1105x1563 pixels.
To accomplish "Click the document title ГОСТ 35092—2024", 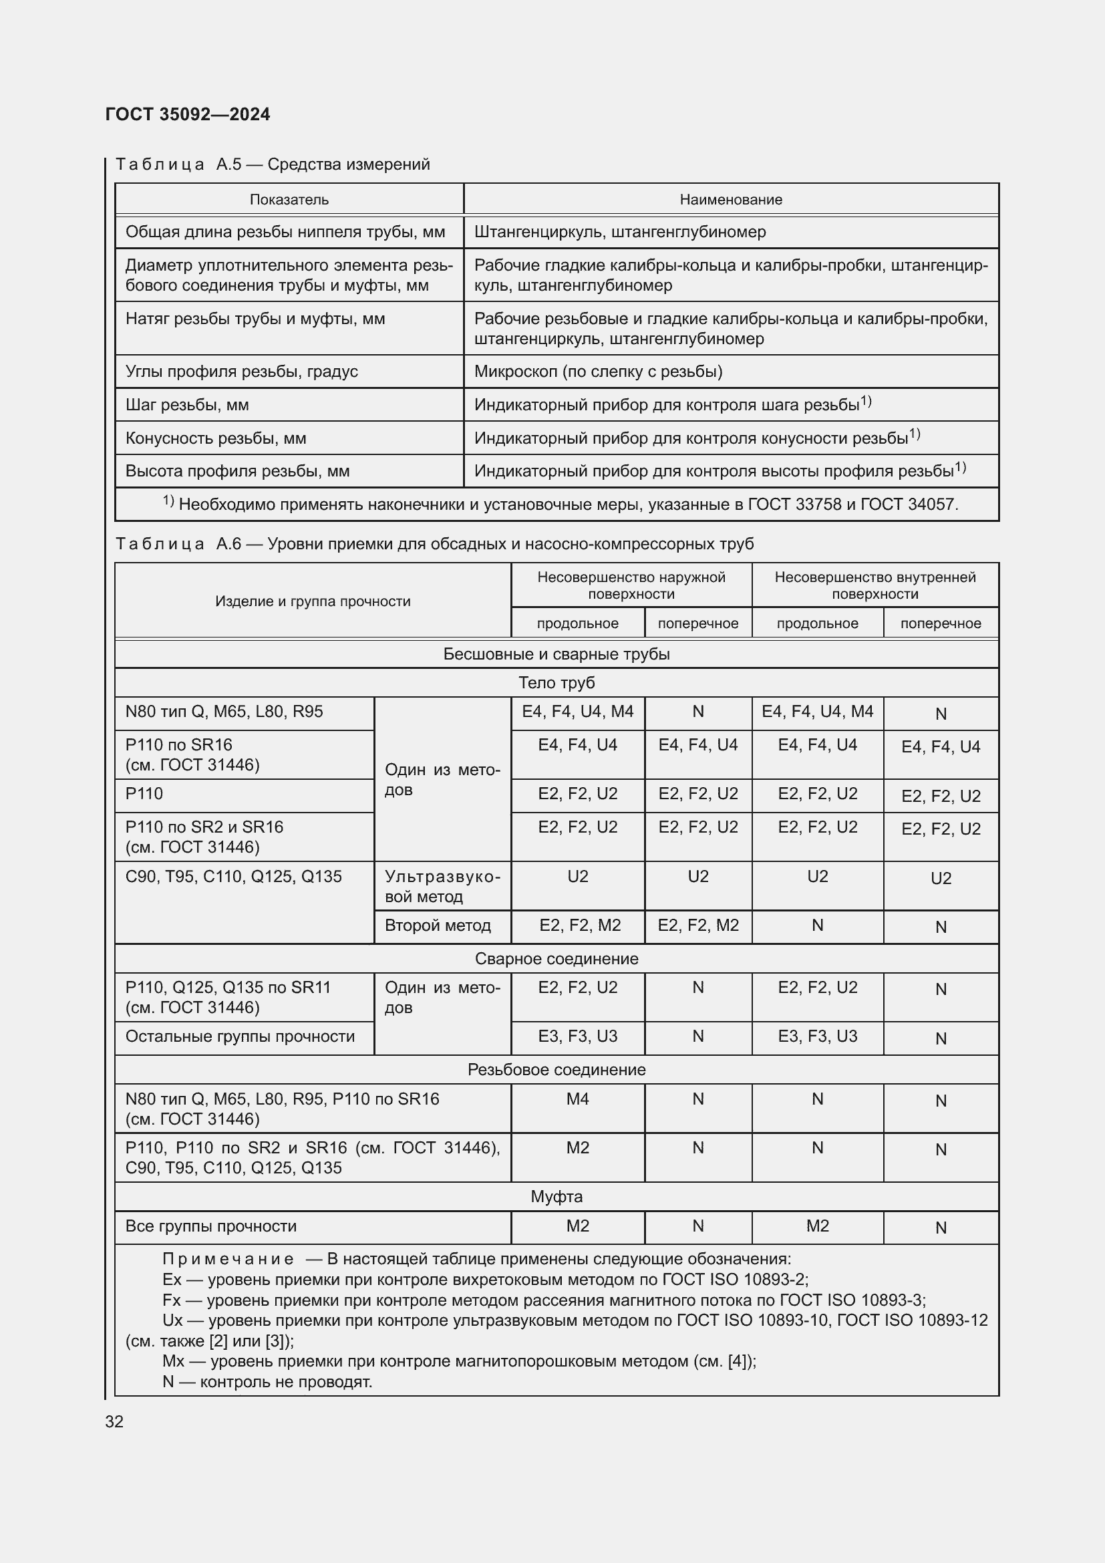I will (x=188, y=114).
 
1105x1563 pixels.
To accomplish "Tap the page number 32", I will (x=114, y=1421).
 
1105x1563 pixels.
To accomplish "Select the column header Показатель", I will (x=289, y=199).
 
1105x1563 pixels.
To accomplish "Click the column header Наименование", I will (x=731, y=199).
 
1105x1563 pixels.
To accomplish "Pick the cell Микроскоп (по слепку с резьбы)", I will (x=598, y=372).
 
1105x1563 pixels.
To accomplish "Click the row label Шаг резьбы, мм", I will (x=187, y=405).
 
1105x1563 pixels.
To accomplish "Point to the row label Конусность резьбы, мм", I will (x=216, y=438).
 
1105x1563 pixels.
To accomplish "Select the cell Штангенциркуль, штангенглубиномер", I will (x=620, y=232).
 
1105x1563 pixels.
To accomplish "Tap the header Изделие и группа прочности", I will (x=313, y=601).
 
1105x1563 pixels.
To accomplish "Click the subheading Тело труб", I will (x=557, y=683).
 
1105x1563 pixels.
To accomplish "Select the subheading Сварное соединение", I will (x=557, y=958).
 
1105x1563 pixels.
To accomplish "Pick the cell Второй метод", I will (x=438, y=926).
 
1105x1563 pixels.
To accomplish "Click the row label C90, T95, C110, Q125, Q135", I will (x=233, y=877).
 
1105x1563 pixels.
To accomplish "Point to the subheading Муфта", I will (x=557, y=1197).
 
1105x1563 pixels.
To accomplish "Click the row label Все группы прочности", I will (x=211, y=1226).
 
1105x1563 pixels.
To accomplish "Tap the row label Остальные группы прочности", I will (x=241, y=1037).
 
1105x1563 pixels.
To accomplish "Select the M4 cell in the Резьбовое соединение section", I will (x=578, y=1099).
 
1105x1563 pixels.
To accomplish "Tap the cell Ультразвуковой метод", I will (x=442, y=886).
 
